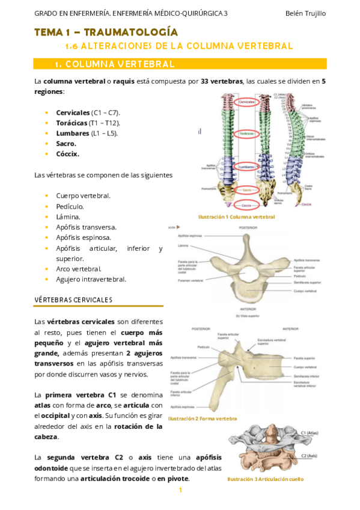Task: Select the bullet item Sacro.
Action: (66, 144)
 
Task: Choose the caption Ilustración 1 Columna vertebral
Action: (237, 217)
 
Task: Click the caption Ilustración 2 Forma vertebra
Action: (203, 418)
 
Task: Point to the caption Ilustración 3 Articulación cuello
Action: (265, 479)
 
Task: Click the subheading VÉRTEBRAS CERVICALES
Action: (73, 300)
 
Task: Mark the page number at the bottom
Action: (180, 490)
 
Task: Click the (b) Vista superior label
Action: (248, 315)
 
